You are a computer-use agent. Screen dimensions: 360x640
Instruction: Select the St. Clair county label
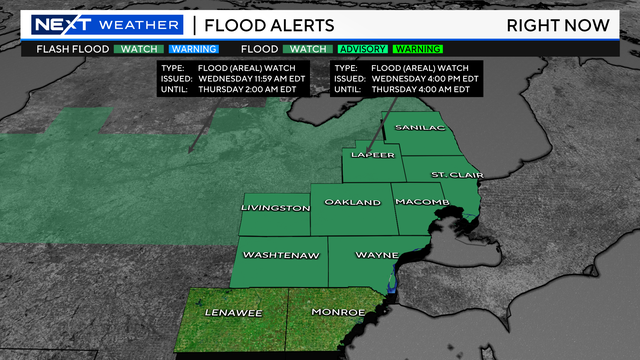[455, 175]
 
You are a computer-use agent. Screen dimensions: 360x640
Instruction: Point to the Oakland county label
[352, 202]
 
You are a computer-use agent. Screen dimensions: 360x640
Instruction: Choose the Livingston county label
[275, 207]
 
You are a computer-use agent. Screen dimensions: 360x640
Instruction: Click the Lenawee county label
[233, 313]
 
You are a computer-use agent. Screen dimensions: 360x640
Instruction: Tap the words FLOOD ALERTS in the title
[264, 25]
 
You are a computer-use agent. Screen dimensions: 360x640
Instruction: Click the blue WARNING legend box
[194, 48]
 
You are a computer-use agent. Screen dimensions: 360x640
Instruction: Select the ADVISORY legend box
[361, 48]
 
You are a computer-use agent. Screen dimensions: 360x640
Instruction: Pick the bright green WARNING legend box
[417, 48]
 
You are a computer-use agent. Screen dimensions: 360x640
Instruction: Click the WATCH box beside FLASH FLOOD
[141, 48]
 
